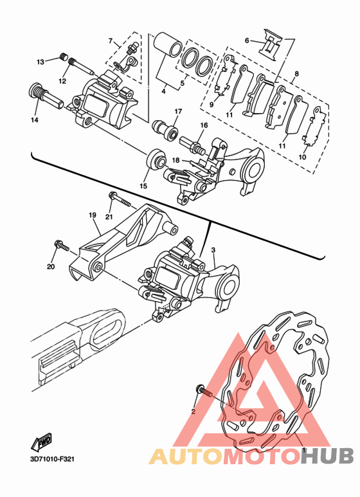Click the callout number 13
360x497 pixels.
pyautogui.click(x=40, y=62)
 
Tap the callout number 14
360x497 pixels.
pyautogui.click(x=35, y=120)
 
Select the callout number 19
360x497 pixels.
pyautogui.click(x=92, y=215)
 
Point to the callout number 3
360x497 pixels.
pyautogui.click(x=213, y=250)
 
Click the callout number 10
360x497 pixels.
pyautogui.click(x=302, y=157)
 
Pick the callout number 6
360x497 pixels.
pyautogui.click(x=247, y=41)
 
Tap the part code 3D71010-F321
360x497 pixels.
pyautogui.click(x=52, y=458)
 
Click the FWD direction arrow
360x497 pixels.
pyautogui.click(x=41, y=442)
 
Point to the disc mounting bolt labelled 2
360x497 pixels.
pyautogui.click(x=204, y=391)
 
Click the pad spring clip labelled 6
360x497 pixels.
pyautogui.click(x=270, y=44)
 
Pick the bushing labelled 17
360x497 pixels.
pyautogui.click(x=165, y=129)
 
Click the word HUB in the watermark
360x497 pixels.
pyautogui.click(x=327, y=456)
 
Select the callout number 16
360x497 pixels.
pyautogui.click(x=204, y=125)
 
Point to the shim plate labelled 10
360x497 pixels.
pyautogui.click(x=315, y=127)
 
